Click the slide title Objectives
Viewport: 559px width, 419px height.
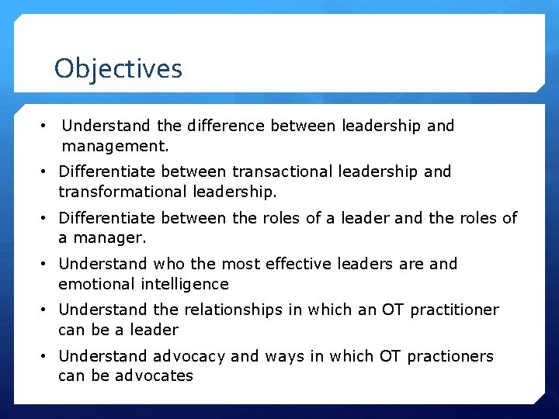coord(118,69)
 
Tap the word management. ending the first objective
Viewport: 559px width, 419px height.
coord(116,145)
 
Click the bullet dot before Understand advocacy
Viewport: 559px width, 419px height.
coord(47,356)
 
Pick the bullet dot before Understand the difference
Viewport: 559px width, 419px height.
coord(47,126)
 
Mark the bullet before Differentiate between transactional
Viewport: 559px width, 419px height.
coord(47,171)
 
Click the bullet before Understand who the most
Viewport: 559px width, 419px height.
coord(47,264)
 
